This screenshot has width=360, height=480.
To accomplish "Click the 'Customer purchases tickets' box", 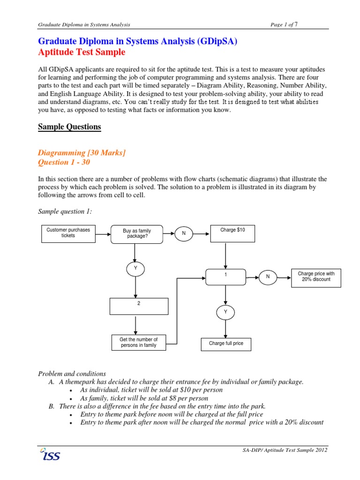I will pos(67,233).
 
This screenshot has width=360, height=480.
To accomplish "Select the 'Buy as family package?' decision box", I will pos(137,233).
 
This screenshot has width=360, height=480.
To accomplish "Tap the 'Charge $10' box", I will pos(232,233).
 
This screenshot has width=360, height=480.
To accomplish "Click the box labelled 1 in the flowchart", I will pos(225,277).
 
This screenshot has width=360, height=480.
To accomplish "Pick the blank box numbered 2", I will pos(139,306).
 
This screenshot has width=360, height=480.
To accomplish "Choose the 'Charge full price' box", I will pos(226,344).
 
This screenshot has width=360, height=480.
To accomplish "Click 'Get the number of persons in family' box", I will pos(139,343).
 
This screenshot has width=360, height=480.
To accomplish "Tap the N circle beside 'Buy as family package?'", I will pos(184,233).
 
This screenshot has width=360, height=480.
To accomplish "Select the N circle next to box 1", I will pos(268,277).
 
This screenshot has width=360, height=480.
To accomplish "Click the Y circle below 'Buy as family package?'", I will pos(135,269).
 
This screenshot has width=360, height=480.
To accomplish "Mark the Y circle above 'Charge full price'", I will pos(225,312).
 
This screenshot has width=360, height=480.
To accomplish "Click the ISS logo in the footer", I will pos(50,454).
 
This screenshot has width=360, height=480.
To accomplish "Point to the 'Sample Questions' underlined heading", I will pos(69,127).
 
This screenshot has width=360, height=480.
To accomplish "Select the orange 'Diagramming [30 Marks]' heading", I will pos(82,152).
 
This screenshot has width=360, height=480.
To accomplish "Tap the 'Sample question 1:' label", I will pos(65,211).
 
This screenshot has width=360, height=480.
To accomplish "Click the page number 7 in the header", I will pos(296,24).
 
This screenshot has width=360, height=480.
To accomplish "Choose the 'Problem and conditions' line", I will pos(72,374).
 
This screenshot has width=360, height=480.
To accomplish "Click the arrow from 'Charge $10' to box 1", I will pos(226,255).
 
